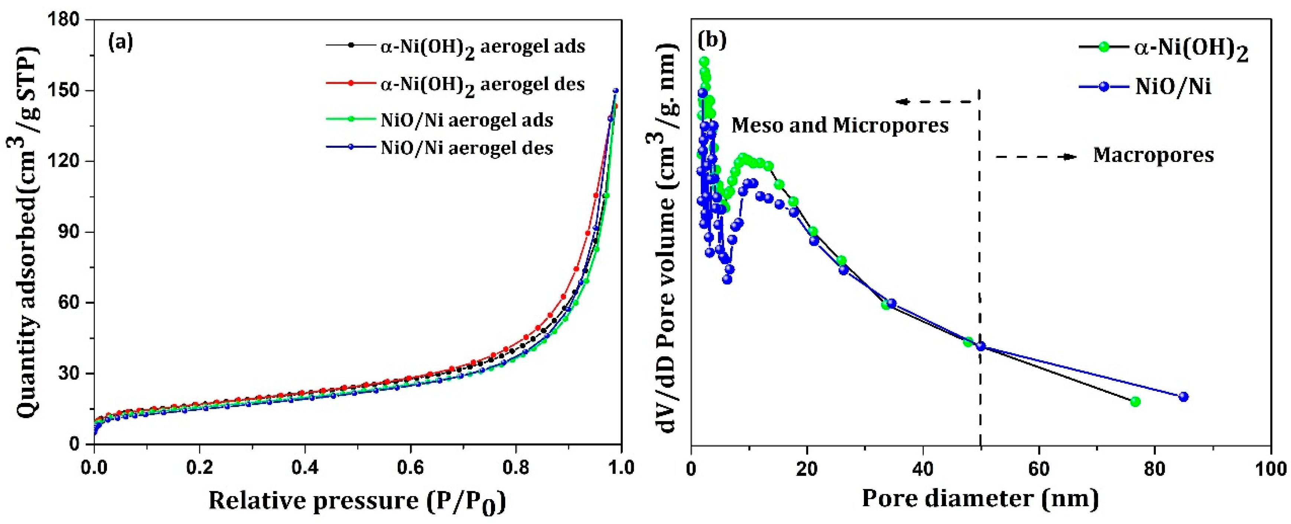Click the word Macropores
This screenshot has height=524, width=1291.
1153,155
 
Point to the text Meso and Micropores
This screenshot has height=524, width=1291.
840,125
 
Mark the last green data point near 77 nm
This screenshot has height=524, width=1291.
1135,401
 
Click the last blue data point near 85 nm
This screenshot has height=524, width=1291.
1184,396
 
